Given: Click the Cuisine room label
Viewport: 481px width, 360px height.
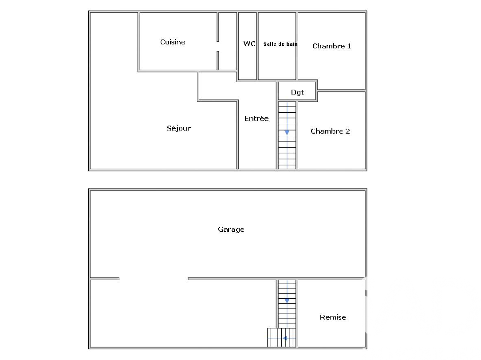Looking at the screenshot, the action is click(173, 42).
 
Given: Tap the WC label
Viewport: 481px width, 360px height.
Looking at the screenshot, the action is click(249, 44).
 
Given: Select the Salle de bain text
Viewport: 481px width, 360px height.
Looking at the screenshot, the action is click(280, 44).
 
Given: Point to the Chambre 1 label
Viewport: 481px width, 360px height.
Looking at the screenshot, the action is click(331, 46).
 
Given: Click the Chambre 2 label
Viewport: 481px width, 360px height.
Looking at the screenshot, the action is click(330, 131).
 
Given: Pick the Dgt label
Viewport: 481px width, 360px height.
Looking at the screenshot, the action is click(297, 92).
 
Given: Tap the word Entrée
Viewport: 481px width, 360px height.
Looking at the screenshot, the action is click(256, 119).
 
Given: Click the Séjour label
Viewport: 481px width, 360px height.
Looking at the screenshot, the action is click(179, 128).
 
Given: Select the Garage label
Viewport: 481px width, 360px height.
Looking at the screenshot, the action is click(231, 229).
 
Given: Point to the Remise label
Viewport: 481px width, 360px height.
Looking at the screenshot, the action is click(333, 317).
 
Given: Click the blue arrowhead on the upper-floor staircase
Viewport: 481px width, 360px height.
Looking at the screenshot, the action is click(287, 132).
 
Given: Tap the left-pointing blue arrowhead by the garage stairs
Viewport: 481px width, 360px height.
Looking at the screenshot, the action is click(285, 338).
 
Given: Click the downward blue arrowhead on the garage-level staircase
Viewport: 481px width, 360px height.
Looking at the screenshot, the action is click(287, 301).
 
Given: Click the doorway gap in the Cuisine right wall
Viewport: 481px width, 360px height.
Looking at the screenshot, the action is click(218, 46).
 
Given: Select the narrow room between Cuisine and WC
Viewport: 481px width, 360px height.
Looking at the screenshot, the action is click(228, 41).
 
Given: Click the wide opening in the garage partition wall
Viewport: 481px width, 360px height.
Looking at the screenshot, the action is click(154, 279).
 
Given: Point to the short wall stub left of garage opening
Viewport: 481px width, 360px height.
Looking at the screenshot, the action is click(105, 279).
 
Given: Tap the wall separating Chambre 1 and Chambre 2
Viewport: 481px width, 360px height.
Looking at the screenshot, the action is click(341, 91).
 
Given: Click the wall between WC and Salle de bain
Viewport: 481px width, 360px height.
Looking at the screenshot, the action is click(257, 46).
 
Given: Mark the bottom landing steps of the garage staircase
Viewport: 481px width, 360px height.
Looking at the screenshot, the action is click(281, 338).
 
